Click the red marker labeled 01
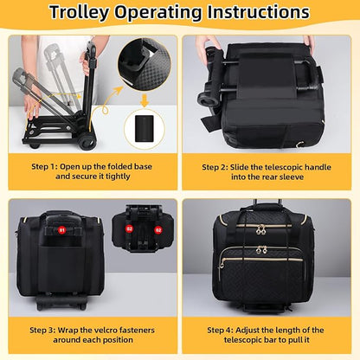coord(61,231)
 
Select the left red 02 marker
coord(131,230)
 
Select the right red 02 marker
coord(157,230)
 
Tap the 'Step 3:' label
coord(48,330)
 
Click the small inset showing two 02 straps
coord(144,233)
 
